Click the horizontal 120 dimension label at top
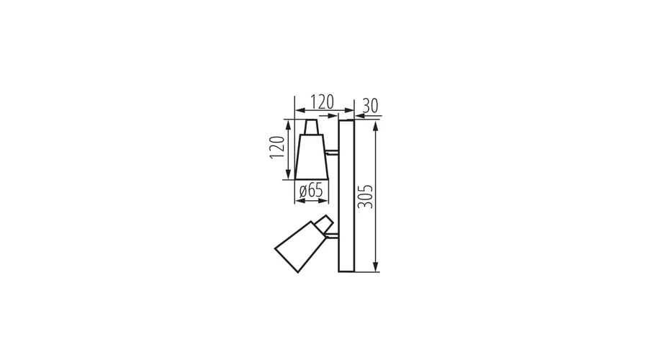[322, 102]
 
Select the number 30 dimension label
[370, 106]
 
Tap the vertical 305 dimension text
[365, 197]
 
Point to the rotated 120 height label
[277, 147]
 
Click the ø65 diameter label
[311, 190]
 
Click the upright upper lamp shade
[312, 157]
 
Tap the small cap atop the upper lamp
[312, 127]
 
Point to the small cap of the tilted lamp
[323, 223]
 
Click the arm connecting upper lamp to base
[332, 153]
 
